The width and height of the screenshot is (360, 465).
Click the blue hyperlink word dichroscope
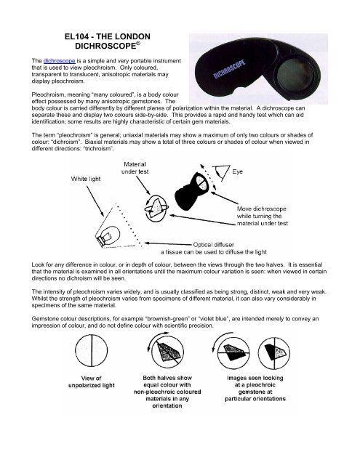pos(60,61)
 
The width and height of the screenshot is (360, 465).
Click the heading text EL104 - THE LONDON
pos(108,36)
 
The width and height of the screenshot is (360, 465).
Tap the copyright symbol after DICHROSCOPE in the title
pos(138,44)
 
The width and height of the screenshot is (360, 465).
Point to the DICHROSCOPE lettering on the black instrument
pos(229,69)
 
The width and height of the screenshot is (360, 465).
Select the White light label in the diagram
pos(86,179)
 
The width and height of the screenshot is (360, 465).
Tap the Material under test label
pos(135,168)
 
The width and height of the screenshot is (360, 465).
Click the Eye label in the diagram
pos(237,171)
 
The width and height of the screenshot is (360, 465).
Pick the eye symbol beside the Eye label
pos(223,172)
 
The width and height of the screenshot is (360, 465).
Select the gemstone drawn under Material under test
pos(156,208)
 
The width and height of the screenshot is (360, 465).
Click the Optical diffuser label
pos(213,245)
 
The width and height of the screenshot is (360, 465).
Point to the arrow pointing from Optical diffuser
pos(168,244)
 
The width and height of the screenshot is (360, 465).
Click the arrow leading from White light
pos(95,201)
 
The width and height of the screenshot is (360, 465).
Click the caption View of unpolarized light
pos(92,381)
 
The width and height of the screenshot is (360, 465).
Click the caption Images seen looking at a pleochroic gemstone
pos(255,388)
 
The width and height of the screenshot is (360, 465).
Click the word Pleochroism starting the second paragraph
pos(46,94)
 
